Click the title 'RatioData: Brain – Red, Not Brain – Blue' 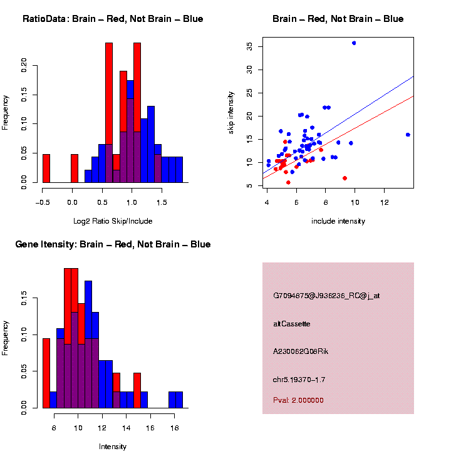(113, 19)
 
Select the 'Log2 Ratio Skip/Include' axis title (113, 221)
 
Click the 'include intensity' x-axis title (338, 221)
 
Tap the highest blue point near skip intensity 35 (354, 43)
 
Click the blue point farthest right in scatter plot (408, 135)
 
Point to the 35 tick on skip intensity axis (250, 46)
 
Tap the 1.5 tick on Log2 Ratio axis (161, 202)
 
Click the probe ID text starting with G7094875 (326, 296)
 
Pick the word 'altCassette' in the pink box (292, 324)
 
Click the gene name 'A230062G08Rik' (300, 351)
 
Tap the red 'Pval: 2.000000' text (298, 400)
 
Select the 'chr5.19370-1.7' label (299, 380)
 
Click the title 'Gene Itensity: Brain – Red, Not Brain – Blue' (113, 244)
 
